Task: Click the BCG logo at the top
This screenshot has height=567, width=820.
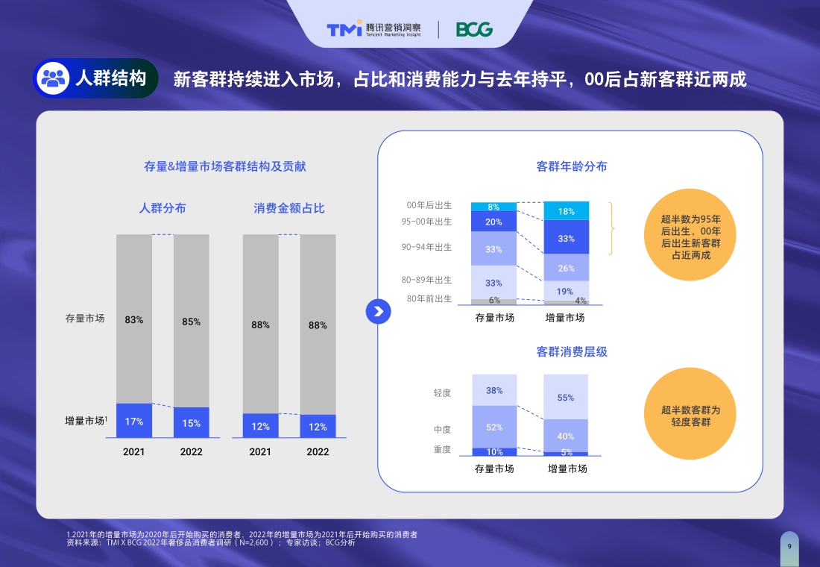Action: coord(474,30)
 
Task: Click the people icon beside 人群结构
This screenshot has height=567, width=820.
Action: coord(53,78)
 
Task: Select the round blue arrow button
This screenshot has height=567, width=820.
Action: coord(379,311)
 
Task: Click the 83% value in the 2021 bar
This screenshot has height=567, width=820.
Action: coord(134,319)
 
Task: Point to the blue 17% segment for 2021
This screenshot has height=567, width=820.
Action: coord(134,421)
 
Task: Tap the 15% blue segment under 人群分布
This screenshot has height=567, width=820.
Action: coord(192,422)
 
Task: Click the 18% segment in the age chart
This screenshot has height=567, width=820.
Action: coord(567,211)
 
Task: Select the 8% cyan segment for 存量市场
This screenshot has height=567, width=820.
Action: coord(493,207)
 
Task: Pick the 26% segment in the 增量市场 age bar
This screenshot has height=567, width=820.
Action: coord(567,268)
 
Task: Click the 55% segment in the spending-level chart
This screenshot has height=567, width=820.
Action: coord(566,397)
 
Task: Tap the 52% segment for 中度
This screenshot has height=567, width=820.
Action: coord(494,427)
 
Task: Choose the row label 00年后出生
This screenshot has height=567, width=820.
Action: coord(429,205)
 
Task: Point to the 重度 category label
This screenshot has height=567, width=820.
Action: coord(442,450)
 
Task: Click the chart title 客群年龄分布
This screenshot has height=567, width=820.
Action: coord(572,166)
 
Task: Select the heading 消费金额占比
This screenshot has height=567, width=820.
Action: coord(289,208)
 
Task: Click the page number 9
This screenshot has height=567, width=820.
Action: coord(789,546)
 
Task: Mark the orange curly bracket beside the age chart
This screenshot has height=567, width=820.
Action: coord(611,228)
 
